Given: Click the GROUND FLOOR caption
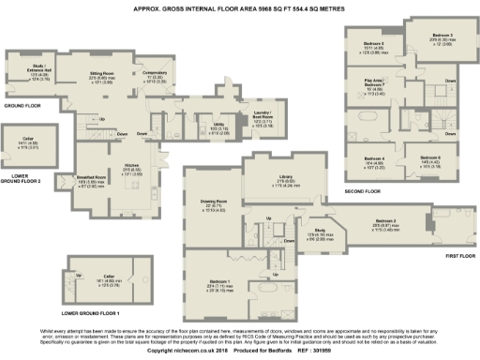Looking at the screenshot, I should [x=20, y=106].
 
